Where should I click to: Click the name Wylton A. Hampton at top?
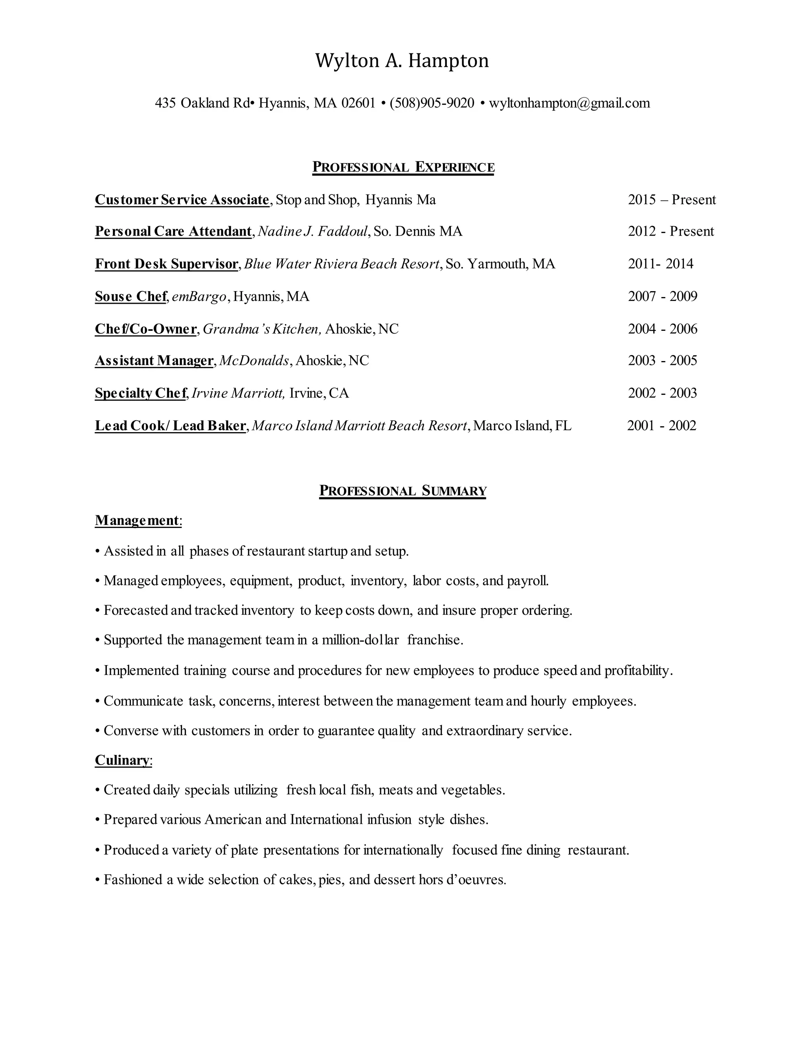click(402, 61)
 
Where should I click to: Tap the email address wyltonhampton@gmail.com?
click(570, 103)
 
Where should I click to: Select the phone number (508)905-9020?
click(432, 103)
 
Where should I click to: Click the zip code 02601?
click(358, 103)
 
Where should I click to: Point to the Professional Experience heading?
click(403, 167)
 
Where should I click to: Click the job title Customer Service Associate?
click(182, 200)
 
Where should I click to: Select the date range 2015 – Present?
click(671, 200)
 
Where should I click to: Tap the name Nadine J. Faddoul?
click(313, 232)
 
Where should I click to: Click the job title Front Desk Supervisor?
click(166, 264)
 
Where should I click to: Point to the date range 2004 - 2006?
click(662, 329)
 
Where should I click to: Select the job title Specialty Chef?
click(141, 393)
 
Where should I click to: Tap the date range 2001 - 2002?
click(662, 426)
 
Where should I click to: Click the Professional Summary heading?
click(402, 491)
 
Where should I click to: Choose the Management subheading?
click(137, 520)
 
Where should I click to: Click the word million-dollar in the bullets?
click(360, 640)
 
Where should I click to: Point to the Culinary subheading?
click(122, 760)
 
